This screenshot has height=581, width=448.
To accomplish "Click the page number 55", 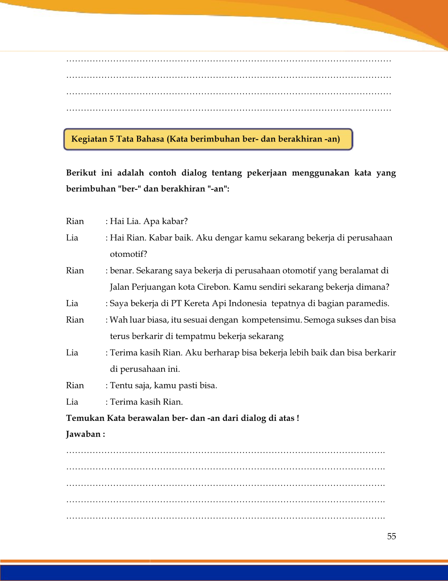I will point(391,536).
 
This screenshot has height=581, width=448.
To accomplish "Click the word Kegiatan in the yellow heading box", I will point(89,139).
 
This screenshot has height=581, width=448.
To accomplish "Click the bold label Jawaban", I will point(84,434).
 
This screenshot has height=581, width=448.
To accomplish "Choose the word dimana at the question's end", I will point(374,287).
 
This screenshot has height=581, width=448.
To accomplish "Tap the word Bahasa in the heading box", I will point(150,139).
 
